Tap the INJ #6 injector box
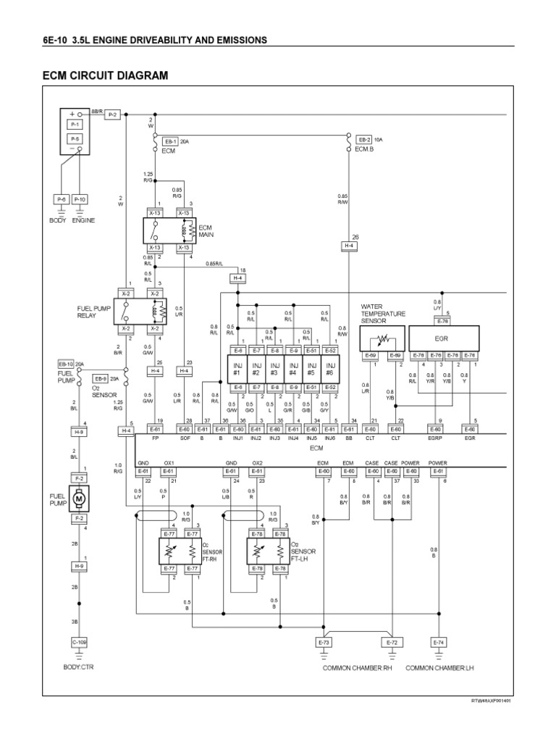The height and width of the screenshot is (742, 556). (331, 369)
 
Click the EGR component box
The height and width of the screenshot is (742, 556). (444, 337)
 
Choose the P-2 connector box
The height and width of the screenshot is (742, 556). (113, 114)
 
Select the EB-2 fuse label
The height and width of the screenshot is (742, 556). (363, 140)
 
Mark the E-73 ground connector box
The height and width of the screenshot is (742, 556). (324, 642)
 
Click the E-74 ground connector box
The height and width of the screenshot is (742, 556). (438, 642)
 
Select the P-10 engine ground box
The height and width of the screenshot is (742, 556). (79, 199)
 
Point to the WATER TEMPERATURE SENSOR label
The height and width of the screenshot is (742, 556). (384, 313)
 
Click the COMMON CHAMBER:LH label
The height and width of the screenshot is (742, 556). (445, 667)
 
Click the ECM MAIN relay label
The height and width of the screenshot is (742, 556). (207, 230)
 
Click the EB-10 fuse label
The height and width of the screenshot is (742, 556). (66, 364)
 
